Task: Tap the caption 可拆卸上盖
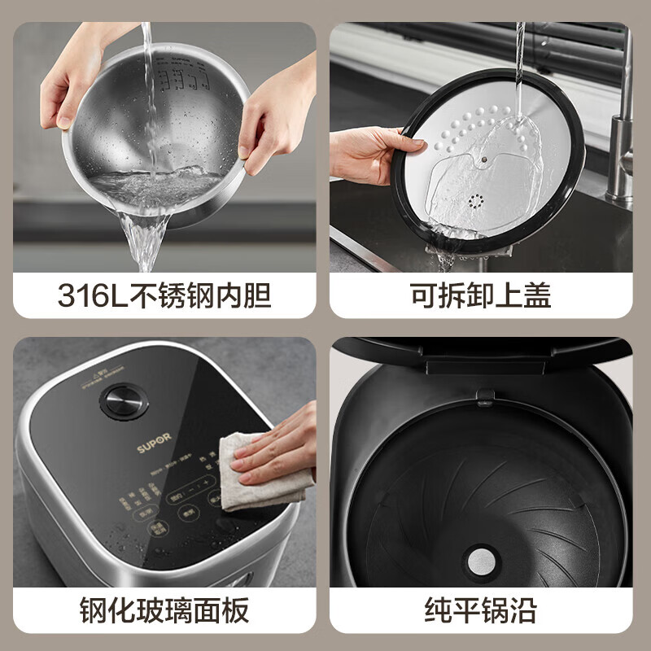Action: (x=480, y=295)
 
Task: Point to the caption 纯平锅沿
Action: (x=480, y=609)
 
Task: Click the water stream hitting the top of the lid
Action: (x=519, y=57)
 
